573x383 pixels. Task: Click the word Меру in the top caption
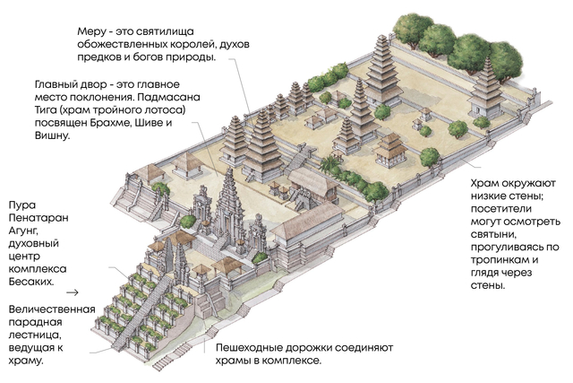pos(90,32)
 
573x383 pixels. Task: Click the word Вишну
pos(52,135)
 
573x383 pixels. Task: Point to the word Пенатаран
pos(38,218)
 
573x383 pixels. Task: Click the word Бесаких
pos(31,282)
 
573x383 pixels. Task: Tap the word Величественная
pos(52,309)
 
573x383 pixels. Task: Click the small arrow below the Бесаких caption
pos(73,292)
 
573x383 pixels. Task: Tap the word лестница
pos(35,335)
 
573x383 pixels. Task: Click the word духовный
pos(34,243)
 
